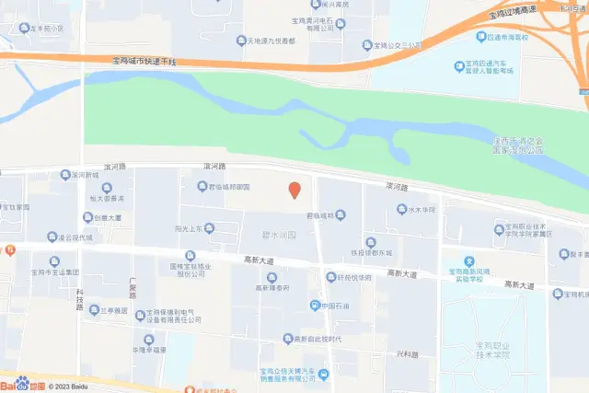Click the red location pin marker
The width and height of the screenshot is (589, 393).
tap(294, 190)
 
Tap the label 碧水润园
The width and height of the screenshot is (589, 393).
tap(279, 235)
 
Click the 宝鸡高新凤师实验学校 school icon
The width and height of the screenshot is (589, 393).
tap(468, 261)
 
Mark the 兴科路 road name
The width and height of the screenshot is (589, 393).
tap(408, 353)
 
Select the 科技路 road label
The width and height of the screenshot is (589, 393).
tap(80, 300)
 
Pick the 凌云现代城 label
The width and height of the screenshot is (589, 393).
tap(75, 237)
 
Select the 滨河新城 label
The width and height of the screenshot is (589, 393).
tap(85, 175)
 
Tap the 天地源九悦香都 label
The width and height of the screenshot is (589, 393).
tap(265, 41)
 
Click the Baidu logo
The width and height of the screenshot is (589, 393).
tap(20, 385)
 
